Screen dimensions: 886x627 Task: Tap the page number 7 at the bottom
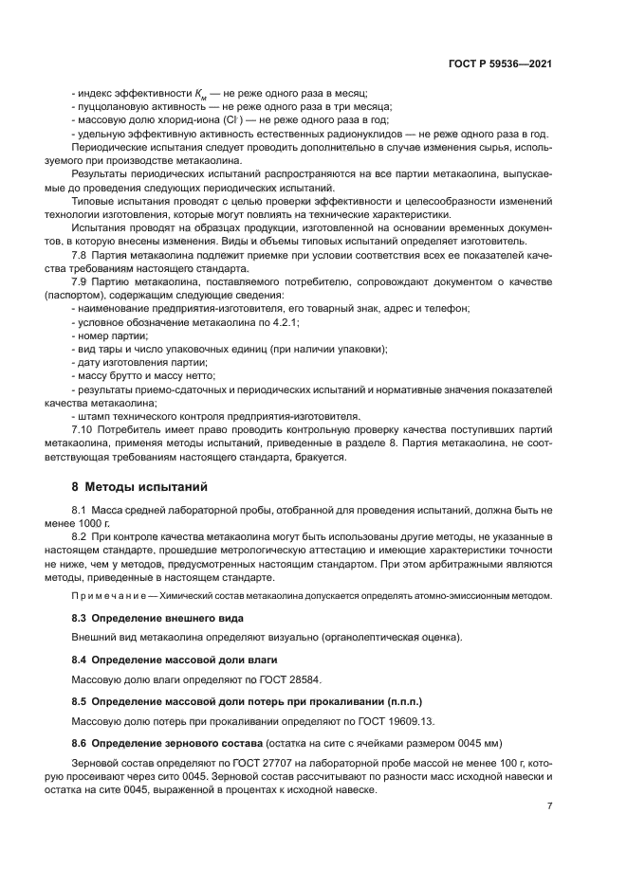[550, 805]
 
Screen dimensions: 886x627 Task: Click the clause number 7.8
[82, 255]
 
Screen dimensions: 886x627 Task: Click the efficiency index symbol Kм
[200, 94]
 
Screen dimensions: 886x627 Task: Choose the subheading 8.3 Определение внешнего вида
[146, 618]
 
